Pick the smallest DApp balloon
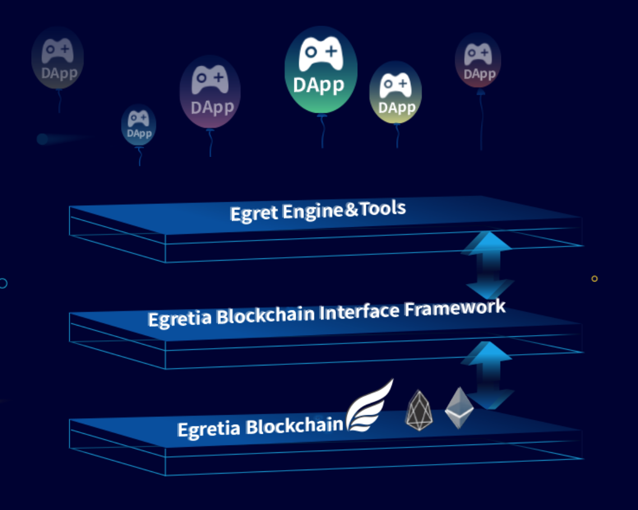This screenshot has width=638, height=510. pos(138,125)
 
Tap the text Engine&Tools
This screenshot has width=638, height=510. pos(344,211)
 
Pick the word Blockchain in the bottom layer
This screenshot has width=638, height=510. pos(294,425)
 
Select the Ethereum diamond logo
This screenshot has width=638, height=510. pos(459,407)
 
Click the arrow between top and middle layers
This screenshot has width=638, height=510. pos(487,265)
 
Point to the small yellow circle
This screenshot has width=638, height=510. pos(595,279)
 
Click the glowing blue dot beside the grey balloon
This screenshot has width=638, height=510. pos(42,139)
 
